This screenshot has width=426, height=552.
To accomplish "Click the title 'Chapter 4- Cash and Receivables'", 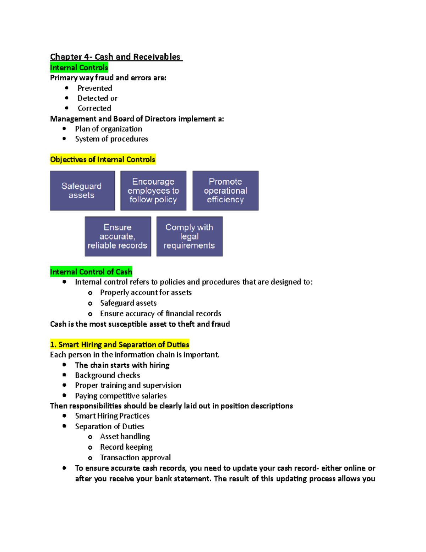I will click(x=115, y=57).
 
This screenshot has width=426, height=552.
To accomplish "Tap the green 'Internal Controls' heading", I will click(x=79, y=68).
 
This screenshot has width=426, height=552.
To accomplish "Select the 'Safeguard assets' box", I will click(x=82, y=191).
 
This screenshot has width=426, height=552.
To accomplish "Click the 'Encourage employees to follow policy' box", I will click(x=153, y=191).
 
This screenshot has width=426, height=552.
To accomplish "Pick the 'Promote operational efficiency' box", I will click(x=225, y=191).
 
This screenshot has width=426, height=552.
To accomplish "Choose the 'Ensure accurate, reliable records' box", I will click(x=118, y=236).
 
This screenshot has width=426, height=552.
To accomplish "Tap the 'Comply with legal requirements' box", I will click(x=189, y=236).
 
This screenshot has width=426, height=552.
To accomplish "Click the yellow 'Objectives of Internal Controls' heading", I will click(x=103, y=160).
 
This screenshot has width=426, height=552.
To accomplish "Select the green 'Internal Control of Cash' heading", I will click(x=91, y=272).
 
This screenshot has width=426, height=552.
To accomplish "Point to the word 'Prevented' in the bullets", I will click(x=95, y=88).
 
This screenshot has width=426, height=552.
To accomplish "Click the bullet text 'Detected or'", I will click(x=97, y=98).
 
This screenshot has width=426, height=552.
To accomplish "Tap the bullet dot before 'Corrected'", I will click(x=67, y=108).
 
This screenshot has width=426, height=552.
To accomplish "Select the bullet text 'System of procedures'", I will click(x=111, y=139).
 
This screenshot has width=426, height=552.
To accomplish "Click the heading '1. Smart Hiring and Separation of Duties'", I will click(x=120, y=344).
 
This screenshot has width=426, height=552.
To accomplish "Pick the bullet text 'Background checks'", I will click(x=108, y=375).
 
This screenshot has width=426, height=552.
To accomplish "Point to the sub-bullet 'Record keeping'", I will click(x=126, y=447).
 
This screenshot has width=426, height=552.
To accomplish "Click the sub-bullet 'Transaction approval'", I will click(x=135, y=457).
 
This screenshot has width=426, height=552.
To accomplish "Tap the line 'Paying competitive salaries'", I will click(x=121, y=396).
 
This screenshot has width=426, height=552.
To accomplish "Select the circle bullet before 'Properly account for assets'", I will click(x=90, y=293).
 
